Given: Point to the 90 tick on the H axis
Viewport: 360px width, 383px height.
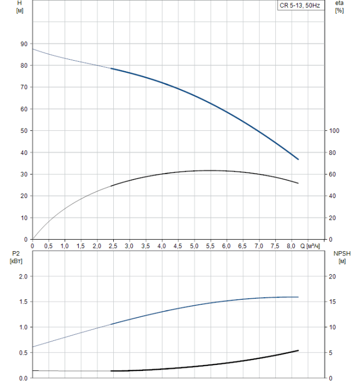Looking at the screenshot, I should tap(23, 44).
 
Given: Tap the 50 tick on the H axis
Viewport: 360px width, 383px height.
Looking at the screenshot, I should tap(23, 131).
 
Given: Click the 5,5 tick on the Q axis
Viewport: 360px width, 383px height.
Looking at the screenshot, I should tap(210, 246).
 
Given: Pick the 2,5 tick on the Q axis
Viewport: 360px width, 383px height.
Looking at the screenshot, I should tap(113, 246).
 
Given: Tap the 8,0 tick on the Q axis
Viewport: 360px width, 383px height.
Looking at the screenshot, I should tap(291, 246).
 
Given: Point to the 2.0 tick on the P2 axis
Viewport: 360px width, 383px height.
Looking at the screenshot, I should tap(22, 277).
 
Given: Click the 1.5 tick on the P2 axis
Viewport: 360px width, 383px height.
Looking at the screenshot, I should tap(22, 302).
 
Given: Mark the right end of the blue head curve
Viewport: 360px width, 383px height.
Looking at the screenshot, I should tap(298, 159).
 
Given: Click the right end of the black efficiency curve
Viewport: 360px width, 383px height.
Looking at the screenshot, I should tap(298, 183).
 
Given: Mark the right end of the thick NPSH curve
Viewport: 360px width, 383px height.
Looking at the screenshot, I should tap(298, 350).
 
